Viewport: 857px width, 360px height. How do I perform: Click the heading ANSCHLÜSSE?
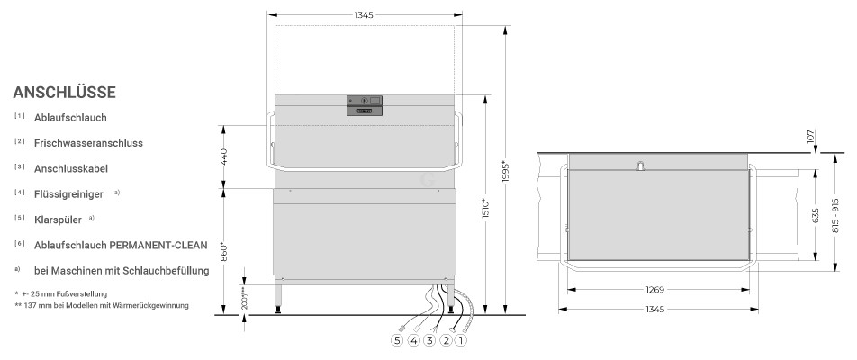(65, 93)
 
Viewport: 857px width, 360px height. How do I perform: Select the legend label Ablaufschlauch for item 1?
(70, 118)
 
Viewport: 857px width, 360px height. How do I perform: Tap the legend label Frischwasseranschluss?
(88, 143)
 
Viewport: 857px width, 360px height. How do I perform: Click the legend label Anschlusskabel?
(71, 169)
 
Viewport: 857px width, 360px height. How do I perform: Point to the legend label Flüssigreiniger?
(68, 193)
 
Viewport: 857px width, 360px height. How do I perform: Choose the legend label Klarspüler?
(58, 220)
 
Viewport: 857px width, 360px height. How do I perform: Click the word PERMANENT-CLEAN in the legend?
(158, 246)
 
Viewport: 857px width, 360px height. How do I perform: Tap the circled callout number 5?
(397, 340)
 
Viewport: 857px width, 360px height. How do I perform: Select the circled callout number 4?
(414, 340)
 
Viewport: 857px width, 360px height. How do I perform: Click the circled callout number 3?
(429, 340)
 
